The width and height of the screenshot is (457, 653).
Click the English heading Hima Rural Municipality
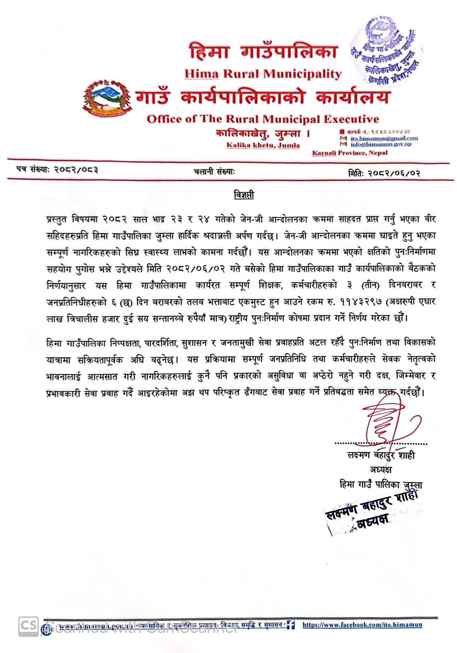tap(263, 74)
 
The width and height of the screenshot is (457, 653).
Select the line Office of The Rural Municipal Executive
tap(263, 119)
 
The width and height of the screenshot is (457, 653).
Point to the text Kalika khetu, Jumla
tap(263, 145)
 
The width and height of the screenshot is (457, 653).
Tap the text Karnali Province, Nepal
tap(350, 153)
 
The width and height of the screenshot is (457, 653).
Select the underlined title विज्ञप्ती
tap(243, 195)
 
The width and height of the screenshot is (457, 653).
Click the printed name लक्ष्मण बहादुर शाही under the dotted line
tap(381, 455)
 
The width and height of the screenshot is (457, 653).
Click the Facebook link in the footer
tap(362, 625)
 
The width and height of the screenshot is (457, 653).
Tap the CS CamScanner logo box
tap(28, 627)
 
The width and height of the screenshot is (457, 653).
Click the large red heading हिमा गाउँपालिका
tap(263, 52)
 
